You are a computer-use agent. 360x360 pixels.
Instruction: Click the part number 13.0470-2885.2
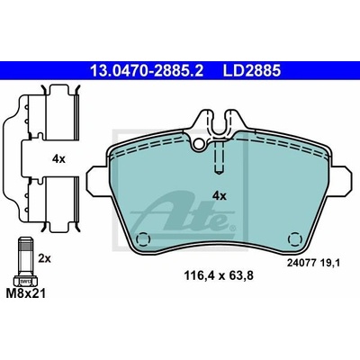[147, 71]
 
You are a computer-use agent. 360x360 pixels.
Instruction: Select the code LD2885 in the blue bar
[251, 71]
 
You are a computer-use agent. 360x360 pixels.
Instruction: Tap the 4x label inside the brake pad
[220, 196]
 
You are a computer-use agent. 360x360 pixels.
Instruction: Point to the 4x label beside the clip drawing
[58, 159]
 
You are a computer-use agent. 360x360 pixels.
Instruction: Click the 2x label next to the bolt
[45, 258]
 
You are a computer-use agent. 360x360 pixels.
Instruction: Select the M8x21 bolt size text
[26, 293]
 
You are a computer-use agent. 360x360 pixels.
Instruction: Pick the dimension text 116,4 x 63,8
[219, 275]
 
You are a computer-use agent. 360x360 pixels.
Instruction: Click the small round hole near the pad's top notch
[198, 144]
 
